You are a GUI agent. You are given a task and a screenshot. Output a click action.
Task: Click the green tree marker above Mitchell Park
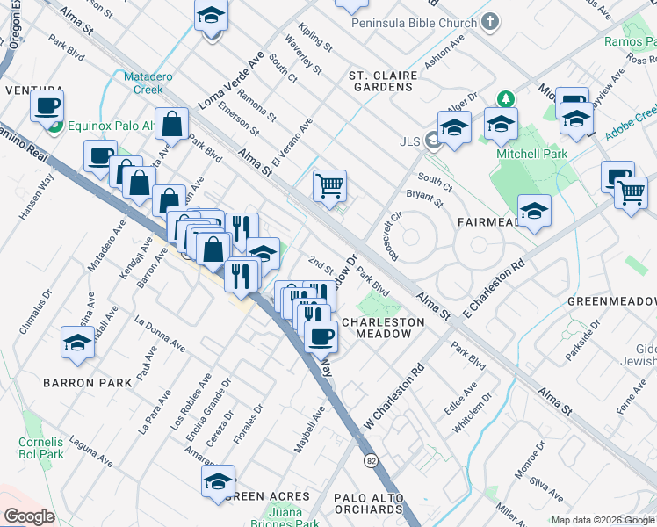point(505,98)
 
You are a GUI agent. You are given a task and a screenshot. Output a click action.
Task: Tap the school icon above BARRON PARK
point(77,343)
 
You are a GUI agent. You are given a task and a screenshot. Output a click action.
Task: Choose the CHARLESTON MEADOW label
point(382,328)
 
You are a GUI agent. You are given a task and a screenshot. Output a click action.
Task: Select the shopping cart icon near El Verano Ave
point(330,185)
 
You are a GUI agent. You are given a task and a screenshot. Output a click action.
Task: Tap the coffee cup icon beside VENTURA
point(47,106)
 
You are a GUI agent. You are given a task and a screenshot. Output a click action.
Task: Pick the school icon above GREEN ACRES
point(218,480)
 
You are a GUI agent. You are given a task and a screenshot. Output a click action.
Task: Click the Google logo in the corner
point(28,516)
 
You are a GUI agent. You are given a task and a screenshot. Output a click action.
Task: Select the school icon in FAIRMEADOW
point(534,211)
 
